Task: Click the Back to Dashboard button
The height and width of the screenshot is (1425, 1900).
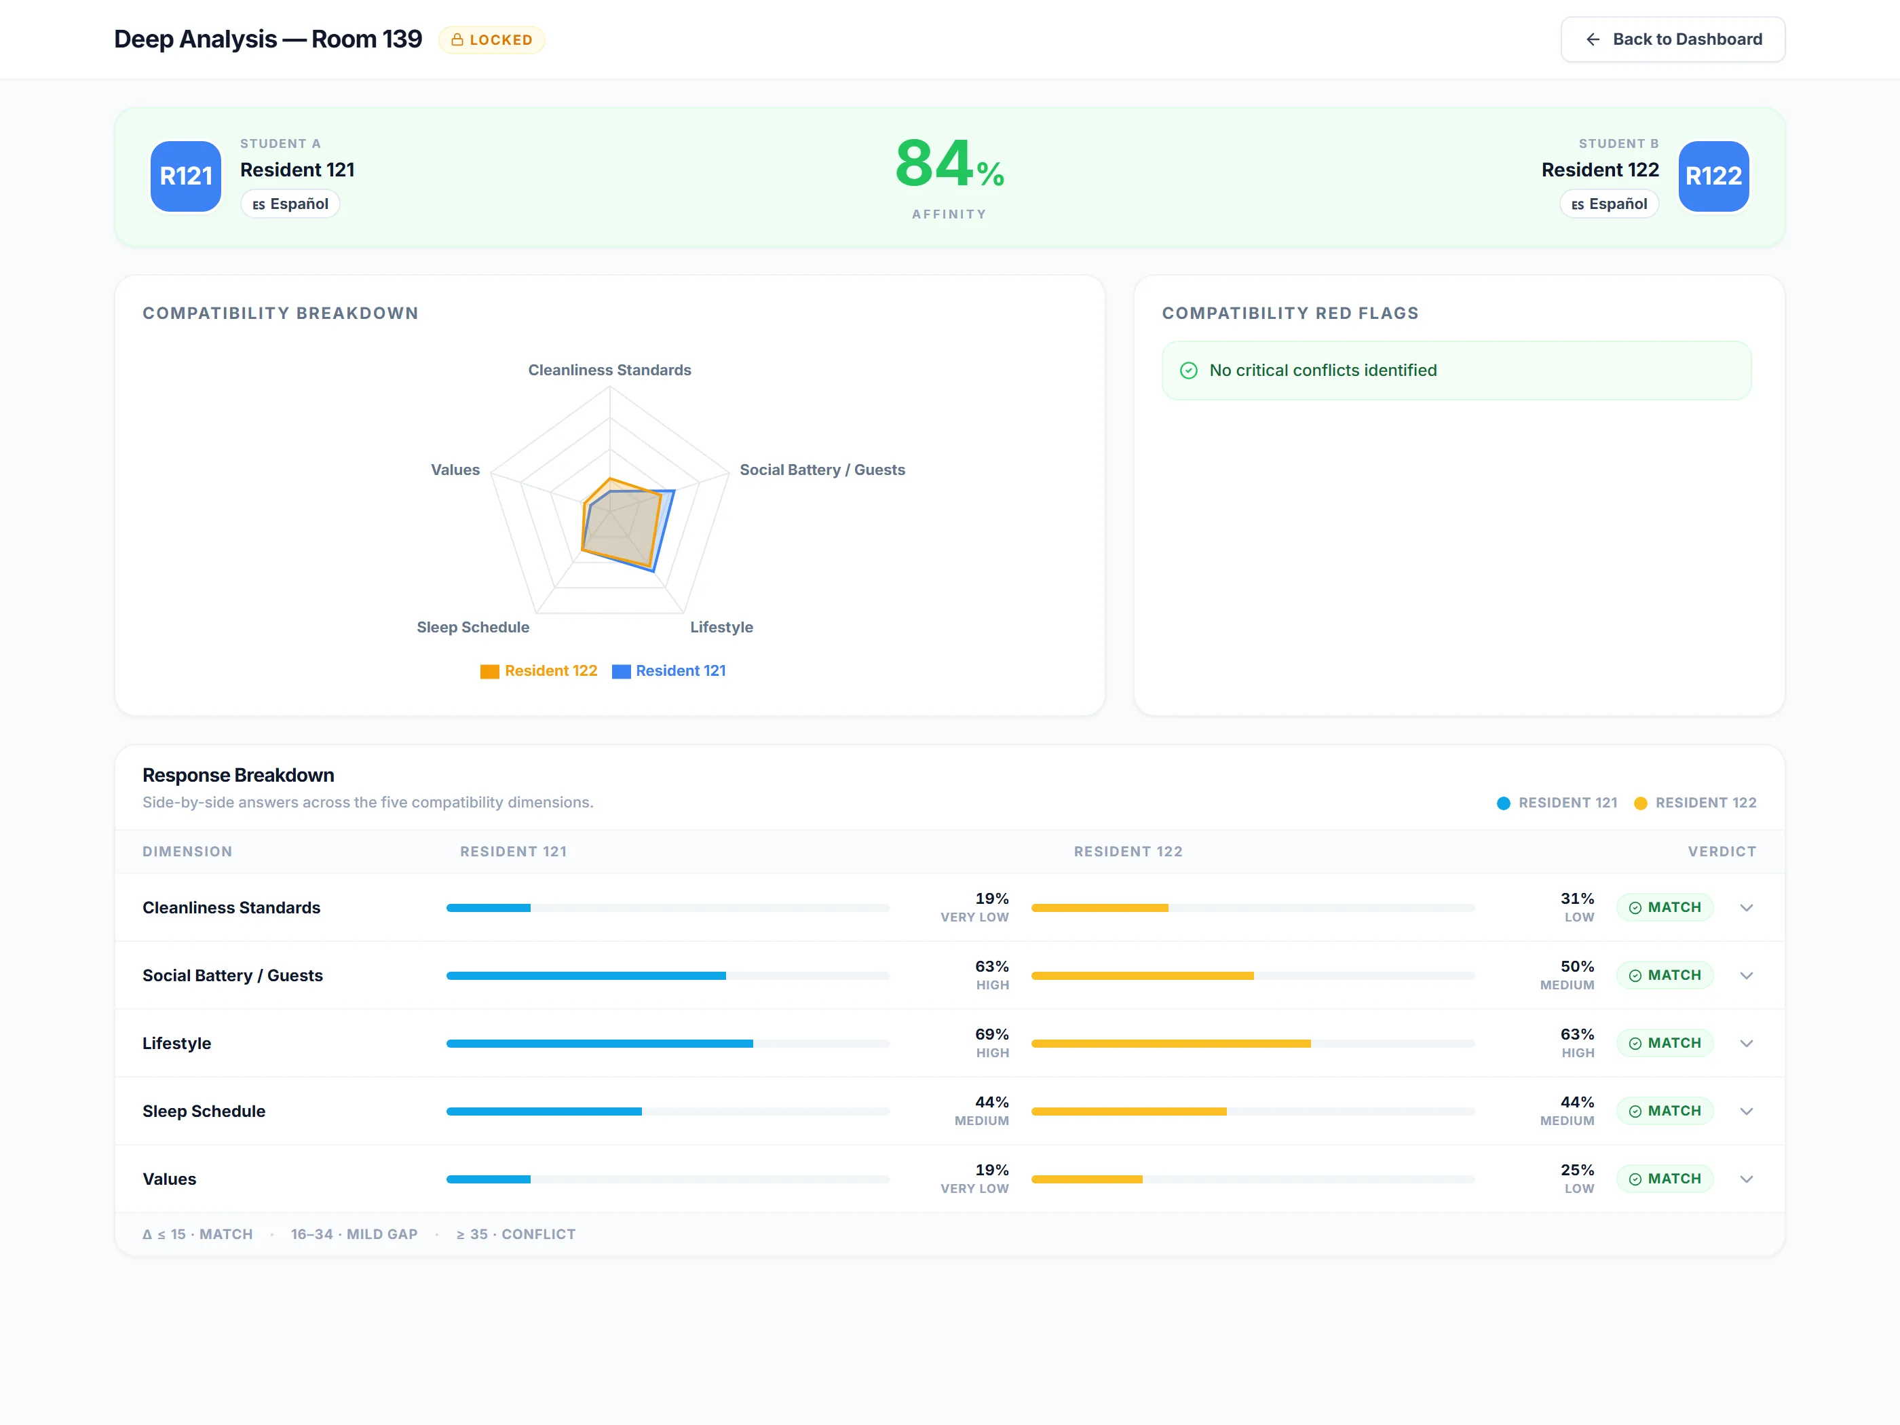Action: coord(1673,39)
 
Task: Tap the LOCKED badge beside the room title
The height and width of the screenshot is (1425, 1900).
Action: coord(491,39)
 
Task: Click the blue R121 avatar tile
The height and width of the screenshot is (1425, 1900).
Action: coord(185,176)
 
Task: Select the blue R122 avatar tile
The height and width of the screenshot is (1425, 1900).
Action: coord(1713,176)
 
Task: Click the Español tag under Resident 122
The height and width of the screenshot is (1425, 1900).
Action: coord(1609,204)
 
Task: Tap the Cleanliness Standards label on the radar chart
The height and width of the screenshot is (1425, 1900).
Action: coord(610,370)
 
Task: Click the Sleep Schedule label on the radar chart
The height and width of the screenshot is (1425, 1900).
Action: coord(473,627)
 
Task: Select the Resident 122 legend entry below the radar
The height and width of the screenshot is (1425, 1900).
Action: coord(539,671)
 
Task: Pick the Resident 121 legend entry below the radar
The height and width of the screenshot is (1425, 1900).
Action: coord(669,671)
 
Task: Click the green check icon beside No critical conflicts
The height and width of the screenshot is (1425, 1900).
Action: coord(1189,370)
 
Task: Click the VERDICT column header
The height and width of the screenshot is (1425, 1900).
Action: coord(1722,851)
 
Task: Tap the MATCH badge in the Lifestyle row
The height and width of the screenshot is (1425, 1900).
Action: coord(1665,1043)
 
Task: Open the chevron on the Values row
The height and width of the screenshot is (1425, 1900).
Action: coord(1746,1179)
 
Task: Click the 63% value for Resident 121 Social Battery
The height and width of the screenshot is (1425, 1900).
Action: coord(992,966)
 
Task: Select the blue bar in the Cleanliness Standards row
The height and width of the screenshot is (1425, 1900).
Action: coord(489,908)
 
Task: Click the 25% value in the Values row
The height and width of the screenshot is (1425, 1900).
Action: coord(1577,1170)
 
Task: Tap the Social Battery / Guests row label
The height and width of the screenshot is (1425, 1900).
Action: coord(233,976)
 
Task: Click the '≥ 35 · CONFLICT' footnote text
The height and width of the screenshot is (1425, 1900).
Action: coord(516,1234)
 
